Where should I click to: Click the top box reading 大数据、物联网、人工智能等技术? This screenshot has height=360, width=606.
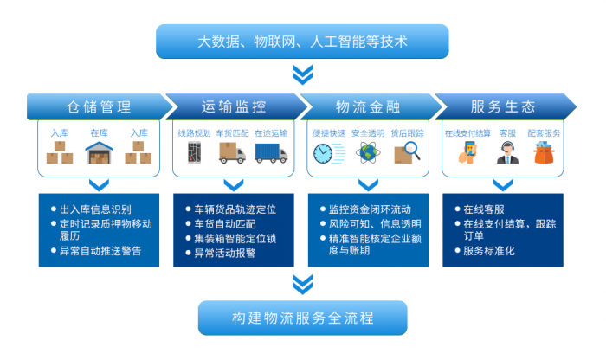click(x=302, y=41)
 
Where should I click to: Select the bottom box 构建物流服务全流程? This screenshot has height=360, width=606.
click(x=302, y=317)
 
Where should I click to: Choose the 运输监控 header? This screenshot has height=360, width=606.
click(x=234, y=107)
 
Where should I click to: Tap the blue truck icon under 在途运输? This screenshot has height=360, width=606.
click(x=271, y=153)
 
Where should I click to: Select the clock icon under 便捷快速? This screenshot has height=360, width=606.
click(x=325, y=154)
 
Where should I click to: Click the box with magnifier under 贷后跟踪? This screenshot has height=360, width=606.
click(x=407, y=154)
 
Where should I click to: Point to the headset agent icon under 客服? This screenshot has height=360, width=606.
click(x=507, y=154)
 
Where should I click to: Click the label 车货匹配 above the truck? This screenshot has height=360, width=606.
click(x=232, y=133)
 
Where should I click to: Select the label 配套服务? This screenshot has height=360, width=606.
click(x=545, y=133)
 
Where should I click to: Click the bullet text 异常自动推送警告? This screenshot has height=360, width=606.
click(x=100, y=252)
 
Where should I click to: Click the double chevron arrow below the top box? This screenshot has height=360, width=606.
click(x=302, y=73)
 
